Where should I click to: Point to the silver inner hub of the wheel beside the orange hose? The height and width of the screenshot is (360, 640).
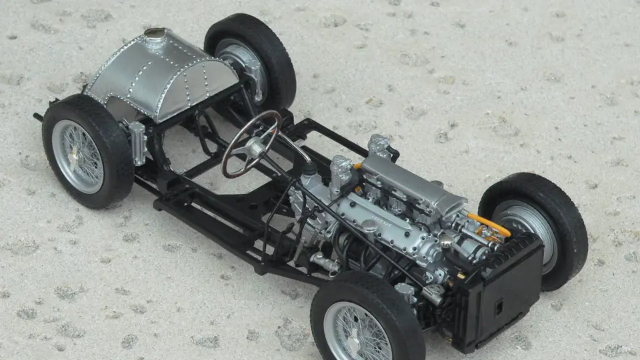coord(527,230)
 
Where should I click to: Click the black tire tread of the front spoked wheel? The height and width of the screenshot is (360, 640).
coord(400,313)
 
